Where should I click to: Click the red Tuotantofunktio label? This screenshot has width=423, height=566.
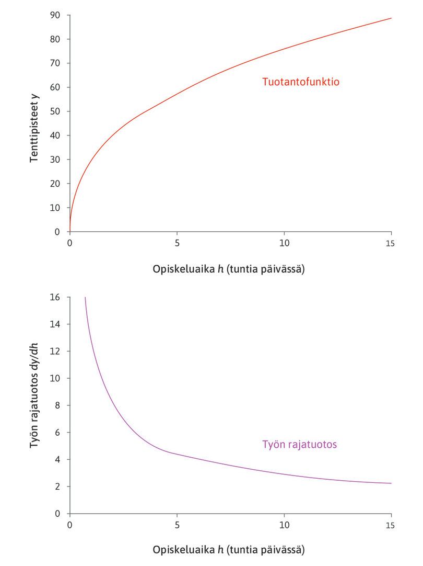(301, 82)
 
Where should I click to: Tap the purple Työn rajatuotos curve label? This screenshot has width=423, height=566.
(299, 445)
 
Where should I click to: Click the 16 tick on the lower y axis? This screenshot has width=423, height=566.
(55, 297)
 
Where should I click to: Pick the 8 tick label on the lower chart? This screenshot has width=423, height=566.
(58, 405)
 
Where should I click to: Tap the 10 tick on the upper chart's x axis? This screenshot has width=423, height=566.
(284, 243)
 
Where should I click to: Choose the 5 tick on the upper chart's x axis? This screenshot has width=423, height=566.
(177, 243)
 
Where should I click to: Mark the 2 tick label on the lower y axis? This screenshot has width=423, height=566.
(58, 486)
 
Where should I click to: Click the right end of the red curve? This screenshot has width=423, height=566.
(391, 18)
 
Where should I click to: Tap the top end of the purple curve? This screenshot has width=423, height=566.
(85, 298)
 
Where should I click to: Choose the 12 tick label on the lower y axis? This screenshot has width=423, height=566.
(55, 351)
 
